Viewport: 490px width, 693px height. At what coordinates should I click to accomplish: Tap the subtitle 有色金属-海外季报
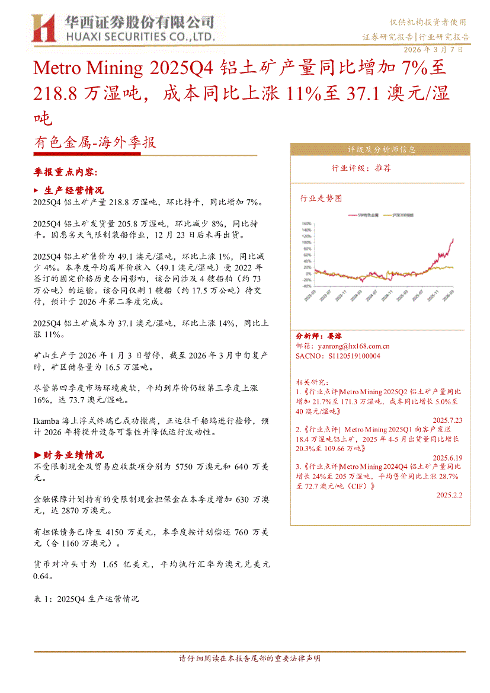click(x=95, y=143)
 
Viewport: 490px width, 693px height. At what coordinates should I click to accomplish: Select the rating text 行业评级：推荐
click(x=361, y=168)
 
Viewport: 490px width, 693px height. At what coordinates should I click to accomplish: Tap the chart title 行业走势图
click(x=321, y=199)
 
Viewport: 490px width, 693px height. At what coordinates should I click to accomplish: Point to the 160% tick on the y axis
click(x=307, y=224)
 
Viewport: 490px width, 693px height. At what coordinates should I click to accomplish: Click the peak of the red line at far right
click(x=453, y=239)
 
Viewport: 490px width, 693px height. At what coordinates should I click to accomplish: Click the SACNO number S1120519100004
click(x=354, y=356)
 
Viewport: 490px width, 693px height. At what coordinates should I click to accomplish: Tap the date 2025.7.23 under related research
click(x=449, y=420)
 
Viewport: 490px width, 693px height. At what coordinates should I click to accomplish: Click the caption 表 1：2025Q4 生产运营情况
click(x=87, y=599)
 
